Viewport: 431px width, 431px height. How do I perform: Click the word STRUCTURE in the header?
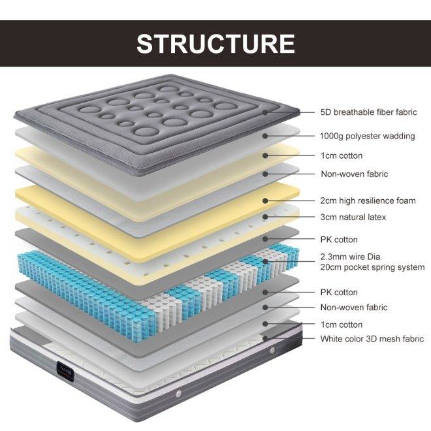pyautogui.click(x=215, y=44)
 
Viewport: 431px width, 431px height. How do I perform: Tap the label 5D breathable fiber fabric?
pyautogui.click(x=368, y=112)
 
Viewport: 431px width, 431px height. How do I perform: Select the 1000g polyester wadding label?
pyautogui.click(x=367, y=136)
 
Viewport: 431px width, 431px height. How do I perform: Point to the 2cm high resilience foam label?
pyautogui.click(x=368, y=200)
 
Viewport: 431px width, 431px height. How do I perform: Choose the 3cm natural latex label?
pyautogui.click(x=353, y=217)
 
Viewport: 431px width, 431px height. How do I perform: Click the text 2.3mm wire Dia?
pyautogui.click(x=351, y=257)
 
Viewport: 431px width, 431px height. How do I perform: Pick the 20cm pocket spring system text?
pyautogui.click(x=372, y=267)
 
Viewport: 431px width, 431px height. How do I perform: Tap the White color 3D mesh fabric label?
pyautogui.click(x=372, y=339)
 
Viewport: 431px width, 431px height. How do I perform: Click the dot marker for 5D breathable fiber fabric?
pyautogui.click(x=265, y=112)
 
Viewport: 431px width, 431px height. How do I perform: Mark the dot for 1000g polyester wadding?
pyautogui.click(x=265, y=136)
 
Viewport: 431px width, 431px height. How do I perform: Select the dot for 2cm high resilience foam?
pyautogui.click(x=265, y=201)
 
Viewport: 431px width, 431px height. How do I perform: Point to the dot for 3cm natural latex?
pyautogui.click(x=265, y=217)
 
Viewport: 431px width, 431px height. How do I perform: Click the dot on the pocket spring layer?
pyautogui.click(x=265, y=261)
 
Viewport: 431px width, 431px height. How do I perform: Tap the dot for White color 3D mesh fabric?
pyautogui.click(x=265, y=338)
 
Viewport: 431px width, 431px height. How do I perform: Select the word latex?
pyautogui.click(x=375, y=217)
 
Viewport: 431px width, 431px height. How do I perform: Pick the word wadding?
pyautogui.click(x=399, y=136)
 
